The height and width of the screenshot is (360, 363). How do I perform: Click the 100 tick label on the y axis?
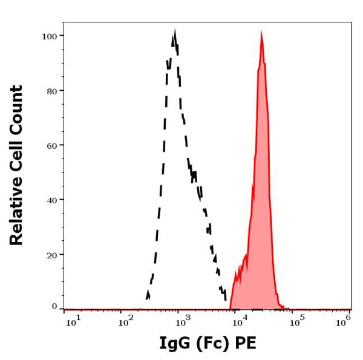49,36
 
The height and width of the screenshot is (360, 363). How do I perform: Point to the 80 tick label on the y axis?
51,91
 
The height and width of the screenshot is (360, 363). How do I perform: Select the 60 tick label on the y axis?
51,145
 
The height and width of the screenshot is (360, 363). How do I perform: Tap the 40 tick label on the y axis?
51,200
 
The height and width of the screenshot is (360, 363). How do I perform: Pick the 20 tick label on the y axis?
51,255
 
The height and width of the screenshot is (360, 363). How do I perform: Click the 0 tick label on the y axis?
54,306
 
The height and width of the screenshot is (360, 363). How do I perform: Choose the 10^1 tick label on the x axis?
72,321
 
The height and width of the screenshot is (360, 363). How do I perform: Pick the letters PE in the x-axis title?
247,344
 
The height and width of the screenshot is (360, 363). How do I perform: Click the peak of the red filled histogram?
261,33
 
